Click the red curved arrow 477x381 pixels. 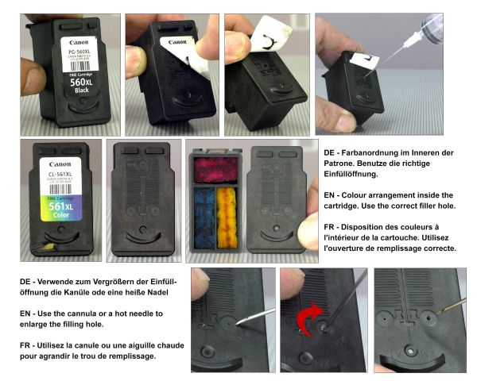coord(309,321)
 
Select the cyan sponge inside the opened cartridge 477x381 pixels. coord(205,215)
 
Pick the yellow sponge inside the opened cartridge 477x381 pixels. coord(227,215)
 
